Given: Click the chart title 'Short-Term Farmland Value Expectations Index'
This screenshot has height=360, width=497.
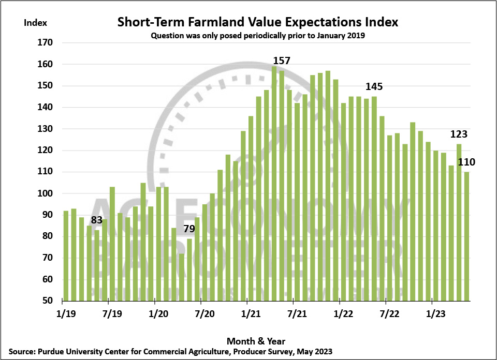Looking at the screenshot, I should click(257, 22).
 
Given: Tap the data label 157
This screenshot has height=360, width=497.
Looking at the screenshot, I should click(282, 61).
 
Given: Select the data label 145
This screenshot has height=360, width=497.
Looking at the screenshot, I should click(374, 86).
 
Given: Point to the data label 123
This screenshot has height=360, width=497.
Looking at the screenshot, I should click(459, 134).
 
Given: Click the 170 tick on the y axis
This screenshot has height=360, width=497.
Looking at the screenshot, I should click(47, 43).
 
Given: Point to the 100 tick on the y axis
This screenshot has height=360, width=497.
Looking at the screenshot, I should click(47, 193).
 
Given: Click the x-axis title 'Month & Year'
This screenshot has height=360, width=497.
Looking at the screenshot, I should click(256, 341).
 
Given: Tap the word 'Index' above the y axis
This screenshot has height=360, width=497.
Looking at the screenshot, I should click(36, 22).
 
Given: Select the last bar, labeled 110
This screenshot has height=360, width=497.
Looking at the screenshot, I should click(466, 236).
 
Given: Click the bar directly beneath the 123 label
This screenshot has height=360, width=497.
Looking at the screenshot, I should click(459, 222).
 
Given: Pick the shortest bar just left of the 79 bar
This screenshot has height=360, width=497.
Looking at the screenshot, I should click(182, 277).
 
